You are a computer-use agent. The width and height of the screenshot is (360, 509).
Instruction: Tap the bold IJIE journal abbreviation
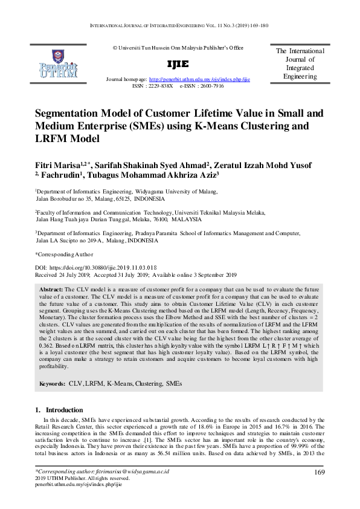click(x=180, y=63)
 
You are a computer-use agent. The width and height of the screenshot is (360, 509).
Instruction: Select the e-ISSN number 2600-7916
click(x=210, y=86)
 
